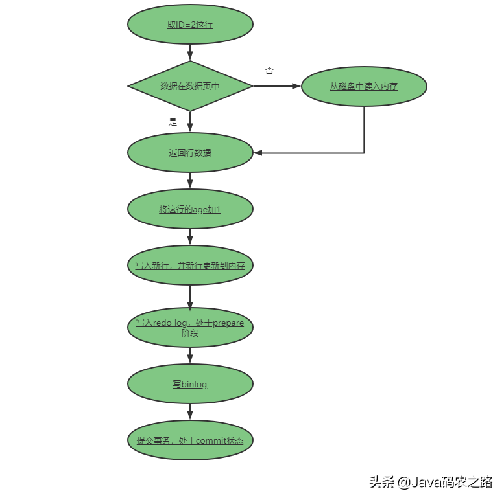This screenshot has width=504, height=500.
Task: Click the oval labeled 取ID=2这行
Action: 190,25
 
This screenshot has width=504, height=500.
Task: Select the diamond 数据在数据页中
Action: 190,86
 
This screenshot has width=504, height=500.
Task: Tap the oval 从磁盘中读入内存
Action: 364,86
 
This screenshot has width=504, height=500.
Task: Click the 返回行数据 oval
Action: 190,153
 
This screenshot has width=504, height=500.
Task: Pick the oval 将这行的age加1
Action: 190,209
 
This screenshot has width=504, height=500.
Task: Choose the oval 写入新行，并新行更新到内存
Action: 190,266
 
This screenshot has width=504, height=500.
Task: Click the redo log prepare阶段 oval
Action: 190,327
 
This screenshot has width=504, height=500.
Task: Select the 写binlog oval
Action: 190,384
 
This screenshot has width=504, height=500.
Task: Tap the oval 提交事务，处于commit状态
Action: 190,440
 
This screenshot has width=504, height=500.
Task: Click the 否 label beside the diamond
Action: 269,71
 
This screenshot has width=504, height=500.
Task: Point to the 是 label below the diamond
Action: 173,121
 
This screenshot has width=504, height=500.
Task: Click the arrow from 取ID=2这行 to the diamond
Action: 190,52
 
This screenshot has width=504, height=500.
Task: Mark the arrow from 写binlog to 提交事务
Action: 190,412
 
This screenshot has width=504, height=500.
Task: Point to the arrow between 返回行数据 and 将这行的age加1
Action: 190,181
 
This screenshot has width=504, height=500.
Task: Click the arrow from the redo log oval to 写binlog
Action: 190,355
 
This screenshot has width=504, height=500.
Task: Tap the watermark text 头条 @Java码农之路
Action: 431,482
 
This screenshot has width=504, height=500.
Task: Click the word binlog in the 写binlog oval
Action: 194,384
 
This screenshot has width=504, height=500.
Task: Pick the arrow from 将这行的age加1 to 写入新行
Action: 190,237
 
